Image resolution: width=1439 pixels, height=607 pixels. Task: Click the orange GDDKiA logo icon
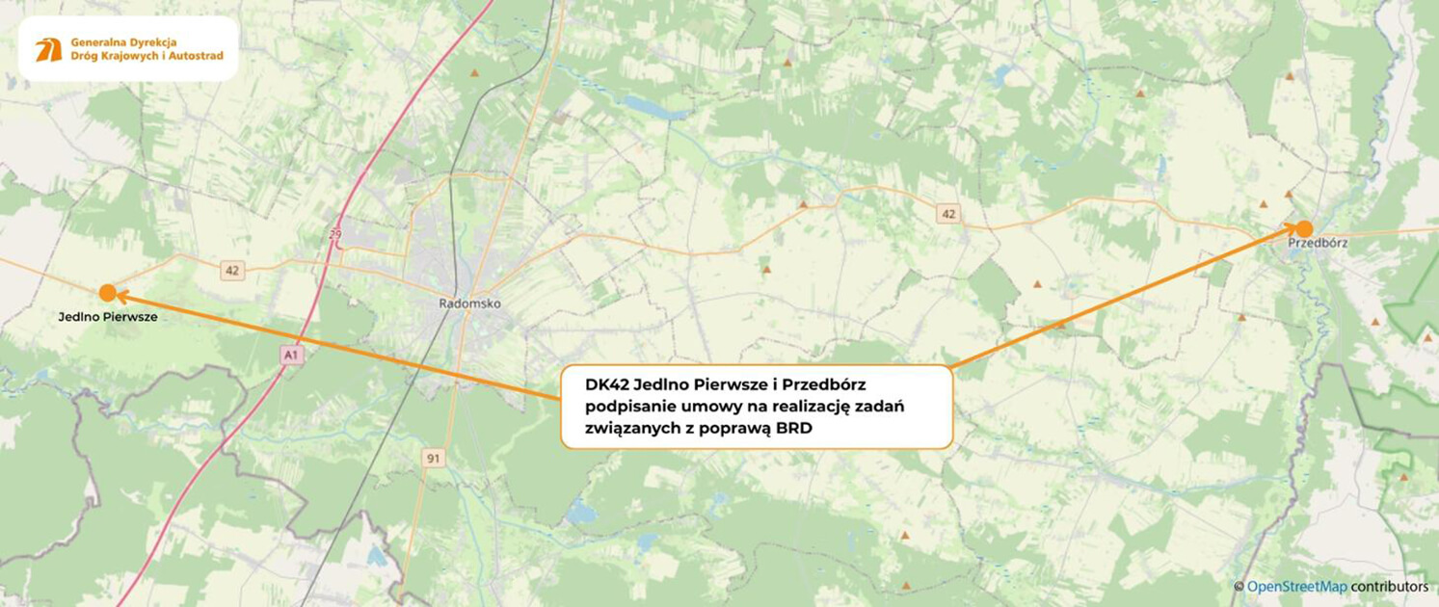49,50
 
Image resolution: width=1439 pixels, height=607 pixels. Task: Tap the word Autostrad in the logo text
198,56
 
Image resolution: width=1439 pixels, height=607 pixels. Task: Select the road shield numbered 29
335,235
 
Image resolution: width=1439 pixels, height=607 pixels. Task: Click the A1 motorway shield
292,356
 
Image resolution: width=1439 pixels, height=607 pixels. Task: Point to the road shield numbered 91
433,459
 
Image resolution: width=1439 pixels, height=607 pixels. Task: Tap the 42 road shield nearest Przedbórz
948,214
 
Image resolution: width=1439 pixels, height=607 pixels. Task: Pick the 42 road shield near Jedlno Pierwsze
231,271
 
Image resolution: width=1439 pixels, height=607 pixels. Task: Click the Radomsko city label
469,303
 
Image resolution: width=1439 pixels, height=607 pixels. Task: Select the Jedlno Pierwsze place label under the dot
108,316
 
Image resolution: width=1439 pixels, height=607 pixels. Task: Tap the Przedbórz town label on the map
1318,244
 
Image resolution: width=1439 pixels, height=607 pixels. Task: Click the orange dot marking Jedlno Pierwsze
108,293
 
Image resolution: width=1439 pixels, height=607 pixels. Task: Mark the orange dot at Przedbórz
1304,229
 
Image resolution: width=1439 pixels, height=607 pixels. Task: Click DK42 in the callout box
607,385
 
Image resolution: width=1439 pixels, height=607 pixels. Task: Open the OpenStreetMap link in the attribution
1296,587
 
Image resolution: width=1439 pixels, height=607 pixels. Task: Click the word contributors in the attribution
1389,587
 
